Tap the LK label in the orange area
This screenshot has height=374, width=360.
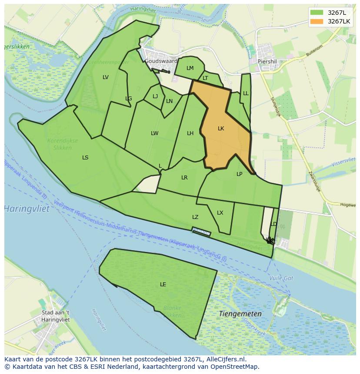pyautogui.click(x=221, y=129)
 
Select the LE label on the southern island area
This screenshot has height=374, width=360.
pyautogui.click(x=163, y=285)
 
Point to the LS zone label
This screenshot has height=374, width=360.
pyautogui.click(x=85, y=158)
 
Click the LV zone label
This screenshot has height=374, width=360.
pyautogui.click(x=106, y=77)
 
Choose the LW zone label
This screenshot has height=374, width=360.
pyautogui.click(x=154, y=133)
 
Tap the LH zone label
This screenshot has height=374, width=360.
pyautogui.click(x=190, y=133)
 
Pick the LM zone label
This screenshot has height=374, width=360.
pyautogui.click(x=190, y=68)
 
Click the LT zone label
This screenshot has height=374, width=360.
pyautogui.click(x=205, y=79)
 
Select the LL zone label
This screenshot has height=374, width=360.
pyautogui.click(x=246, y=93)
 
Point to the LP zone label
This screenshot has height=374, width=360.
pyautogui.click(x=239, y=174)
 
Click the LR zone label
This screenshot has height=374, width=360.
pyautogui.click(x=184, y=178)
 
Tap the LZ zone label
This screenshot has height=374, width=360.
pyautogui.click(x=195, y=217)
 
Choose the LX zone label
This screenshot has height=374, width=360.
pyautogui.click(x=220, y=213)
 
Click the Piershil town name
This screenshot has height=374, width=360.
pyautogui.click(x=267, y=62)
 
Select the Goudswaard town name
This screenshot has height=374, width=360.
pyautogui.click(x=161, y=62)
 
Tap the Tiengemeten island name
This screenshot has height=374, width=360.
pyautogui.click(x=240, y=314)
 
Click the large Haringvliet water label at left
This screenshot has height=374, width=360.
pyautogui.click(x=27, y=209)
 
